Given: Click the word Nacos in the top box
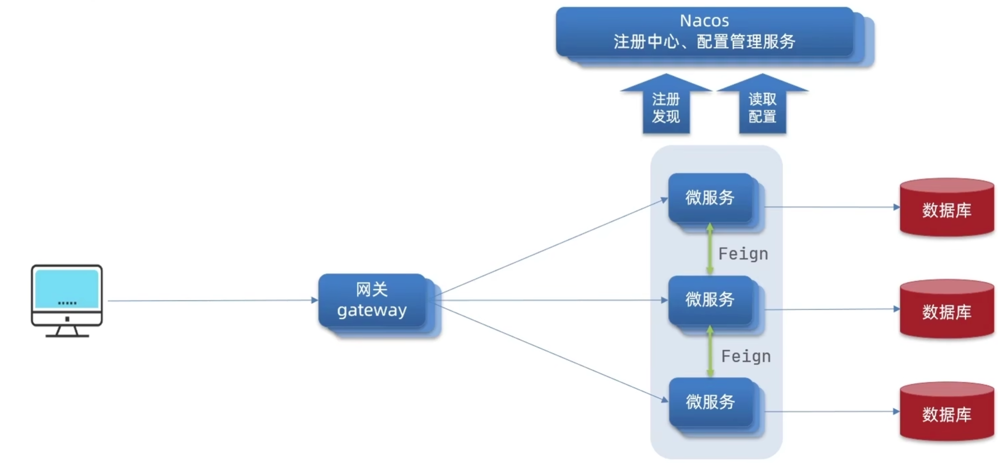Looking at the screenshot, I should [704, 21].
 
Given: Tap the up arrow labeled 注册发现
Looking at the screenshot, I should [666, 106].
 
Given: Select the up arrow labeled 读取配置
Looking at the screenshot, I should [762, 106].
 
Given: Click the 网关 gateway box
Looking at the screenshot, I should [372, 300].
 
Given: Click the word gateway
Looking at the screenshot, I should [372, 310].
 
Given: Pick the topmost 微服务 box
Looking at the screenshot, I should [710, 198].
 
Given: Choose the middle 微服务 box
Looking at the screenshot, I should [710, 300].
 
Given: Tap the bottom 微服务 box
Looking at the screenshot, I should [710, 402].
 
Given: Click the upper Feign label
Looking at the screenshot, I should [743, 254].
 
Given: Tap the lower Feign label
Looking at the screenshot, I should [746, 357].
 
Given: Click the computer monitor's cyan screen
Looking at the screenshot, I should [67, 288].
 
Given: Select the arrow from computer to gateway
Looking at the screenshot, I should [211, 301].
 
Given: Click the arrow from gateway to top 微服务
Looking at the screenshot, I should [552, 247].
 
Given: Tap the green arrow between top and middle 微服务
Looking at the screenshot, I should [710, 249].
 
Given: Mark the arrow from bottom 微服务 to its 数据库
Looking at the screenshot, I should [830, 412].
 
